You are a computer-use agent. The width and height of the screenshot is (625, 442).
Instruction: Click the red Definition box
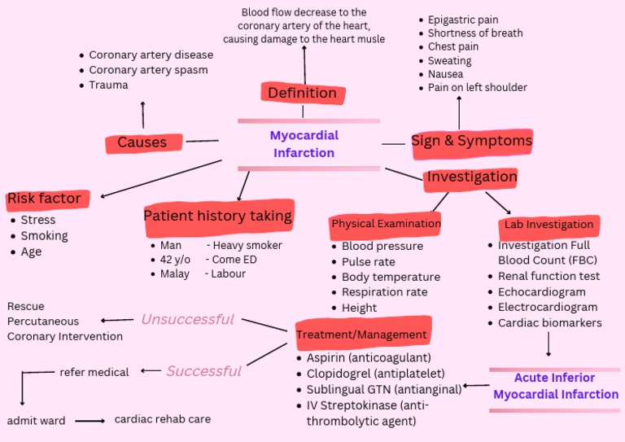coord(302,93)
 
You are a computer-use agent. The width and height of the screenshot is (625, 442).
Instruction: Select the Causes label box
coord(142,143)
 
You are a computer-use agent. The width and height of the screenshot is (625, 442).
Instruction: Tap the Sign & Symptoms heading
coord(471,141)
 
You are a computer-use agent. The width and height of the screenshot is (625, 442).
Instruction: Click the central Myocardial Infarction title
coord(304,144)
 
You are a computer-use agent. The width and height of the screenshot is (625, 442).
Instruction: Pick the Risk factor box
coord(44,199)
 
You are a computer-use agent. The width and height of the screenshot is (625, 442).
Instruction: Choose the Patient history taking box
coord(217,216)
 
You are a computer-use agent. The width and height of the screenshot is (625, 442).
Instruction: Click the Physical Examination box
coord(386,223)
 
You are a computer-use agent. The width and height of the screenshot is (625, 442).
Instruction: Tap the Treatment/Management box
coord(361,334)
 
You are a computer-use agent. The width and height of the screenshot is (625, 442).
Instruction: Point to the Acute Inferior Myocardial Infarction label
coord(555,386)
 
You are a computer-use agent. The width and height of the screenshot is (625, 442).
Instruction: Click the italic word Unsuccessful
coord(187,319)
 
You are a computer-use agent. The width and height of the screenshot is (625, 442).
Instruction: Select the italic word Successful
coord(203,371)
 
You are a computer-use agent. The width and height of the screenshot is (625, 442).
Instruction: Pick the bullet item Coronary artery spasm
coord(148,70)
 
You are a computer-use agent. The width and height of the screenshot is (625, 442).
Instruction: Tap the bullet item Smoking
coord(44,236)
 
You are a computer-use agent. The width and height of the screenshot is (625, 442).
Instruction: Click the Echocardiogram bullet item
coord(541,292)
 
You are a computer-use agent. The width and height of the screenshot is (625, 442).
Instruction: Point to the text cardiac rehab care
coord(162,419)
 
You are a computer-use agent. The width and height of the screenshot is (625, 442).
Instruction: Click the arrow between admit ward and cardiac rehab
coord(90,421)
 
